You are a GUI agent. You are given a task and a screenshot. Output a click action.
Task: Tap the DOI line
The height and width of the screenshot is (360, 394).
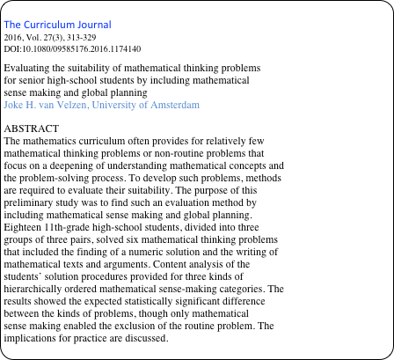72,48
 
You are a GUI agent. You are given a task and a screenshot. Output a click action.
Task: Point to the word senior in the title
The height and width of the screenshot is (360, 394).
32,80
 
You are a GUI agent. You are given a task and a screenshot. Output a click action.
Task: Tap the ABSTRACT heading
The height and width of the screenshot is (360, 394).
32,129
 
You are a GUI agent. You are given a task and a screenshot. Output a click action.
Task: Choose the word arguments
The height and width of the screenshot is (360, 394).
133,264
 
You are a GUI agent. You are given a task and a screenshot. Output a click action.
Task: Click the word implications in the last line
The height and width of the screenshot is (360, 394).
34,338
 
